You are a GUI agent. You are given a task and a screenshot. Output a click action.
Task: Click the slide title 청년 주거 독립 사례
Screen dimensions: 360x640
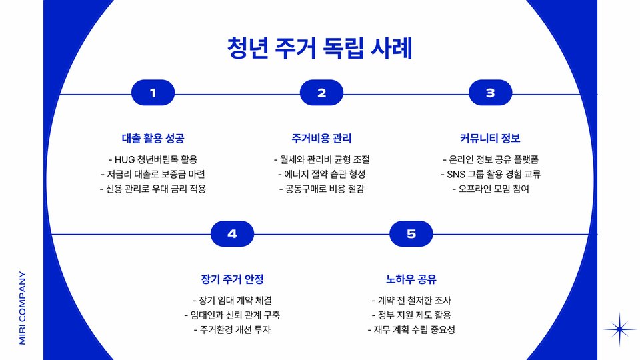point(320,49)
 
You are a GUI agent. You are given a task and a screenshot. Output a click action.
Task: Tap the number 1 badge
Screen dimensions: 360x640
point(153,93)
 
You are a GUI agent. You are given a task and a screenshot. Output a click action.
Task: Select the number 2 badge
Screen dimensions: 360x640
point(321,93)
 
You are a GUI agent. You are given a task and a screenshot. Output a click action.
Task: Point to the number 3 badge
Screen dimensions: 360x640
point(490,93)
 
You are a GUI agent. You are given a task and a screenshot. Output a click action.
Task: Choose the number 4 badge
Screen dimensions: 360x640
point(232,233)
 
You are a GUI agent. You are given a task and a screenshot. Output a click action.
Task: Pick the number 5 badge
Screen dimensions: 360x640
point(411,233)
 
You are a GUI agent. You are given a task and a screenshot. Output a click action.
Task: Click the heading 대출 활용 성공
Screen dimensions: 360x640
point(153,139)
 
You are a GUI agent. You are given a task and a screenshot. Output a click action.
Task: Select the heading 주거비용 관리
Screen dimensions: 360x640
point(321,139)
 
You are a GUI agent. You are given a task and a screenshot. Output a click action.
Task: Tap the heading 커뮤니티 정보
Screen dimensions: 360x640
point(490,139)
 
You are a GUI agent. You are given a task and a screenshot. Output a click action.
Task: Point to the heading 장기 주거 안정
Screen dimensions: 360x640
point(232,279)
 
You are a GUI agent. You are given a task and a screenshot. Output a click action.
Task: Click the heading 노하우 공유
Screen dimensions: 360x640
point(411,279)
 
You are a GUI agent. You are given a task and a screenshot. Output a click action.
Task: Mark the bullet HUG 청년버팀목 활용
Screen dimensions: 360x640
point(153,159)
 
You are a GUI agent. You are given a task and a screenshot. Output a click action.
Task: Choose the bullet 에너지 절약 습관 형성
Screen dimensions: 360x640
point(321,174)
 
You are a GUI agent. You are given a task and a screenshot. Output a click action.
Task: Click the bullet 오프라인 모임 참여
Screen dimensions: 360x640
point(490,189)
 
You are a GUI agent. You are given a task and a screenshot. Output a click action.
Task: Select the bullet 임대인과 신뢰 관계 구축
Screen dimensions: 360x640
point(232,315)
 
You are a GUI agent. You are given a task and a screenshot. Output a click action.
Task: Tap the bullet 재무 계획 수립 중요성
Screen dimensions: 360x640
point(411,329)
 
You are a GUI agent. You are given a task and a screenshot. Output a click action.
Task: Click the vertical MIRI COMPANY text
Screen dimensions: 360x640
point(23,307)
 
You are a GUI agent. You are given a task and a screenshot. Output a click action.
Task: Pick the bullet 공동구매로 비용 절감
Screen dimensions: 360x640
point(321,189)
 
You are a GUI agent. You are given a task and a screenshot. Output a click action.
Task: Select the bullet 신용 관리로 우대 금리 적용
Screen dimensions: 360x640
point(153,189)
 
